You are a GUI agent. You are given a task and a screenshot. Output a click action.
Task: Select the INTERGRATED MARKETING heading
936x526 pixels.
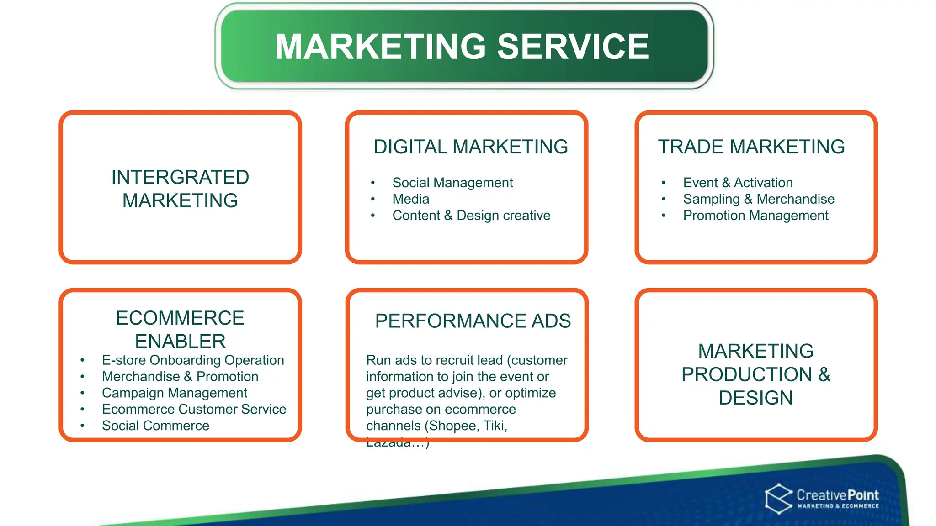coord(180,189)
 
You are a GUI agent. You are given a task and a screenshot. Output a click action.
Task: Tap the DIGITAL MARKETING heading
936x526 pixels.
coord(470,147)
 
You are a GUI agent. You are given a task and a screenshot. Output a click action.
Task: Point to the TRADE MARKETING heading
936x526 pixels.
coord(751,147)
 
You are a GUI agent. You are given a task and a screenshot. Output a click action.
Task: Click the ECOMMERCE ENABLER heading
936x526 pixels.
coord(180,329)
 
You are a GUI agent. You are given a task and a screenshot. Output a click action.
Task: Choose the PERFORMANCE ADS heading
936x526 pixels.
coord(473,321)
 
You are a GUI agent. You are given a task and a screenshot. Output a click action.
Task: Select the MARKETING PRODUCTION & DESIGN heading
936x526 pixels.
coord(755,374)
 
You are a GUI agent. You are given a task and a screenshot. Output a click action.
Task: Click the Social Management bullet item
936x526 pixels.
coord(452,183)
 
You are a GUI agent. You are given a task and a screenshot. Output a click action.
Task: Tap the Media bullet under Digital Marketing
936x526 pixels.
coord(410,199)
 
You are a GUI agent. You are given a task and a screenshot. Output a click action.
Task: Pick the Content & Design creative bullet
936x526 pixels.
coord(471,216)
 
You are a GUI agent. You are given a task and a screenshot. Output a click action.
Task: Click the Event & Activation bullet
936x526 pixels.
coord(737,183)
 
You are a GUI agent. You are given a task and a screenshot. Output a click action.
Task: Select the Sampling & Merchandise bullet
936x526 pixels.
coord(758,199)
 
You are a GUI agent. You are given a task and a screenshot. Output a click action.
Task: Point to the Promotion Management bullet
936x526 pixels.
coord(755,216)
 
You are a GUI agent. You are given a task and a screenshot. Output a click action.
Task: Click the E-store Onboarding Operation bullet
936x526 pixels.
coord(192,360)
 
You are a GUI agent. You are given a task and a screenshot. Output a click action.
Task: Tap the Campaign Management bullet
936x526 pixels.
coord(174,393)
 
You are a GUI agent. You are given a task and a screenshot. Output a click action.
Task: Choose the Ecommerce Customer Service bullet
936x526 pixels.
coord(194,410)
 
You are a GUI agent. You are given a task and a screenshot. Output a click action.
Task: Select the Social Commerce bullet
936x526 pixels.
coord(155,426)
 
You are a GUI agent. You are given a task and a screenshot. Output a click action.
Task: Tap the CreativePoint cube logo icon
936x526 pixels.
coord(778,499)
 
